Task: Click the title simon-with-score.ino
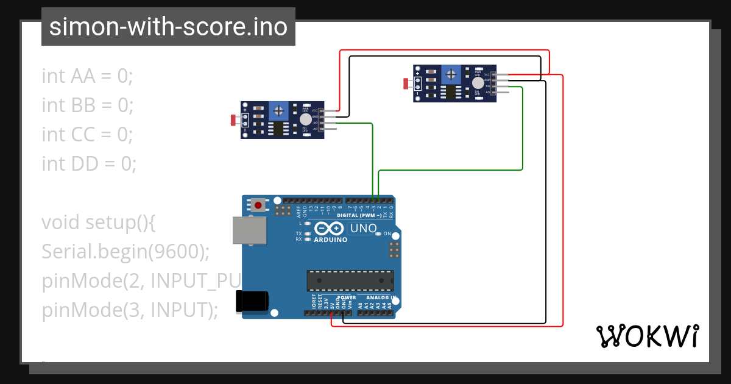tap(168, 27)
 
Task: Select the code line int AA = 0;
tap(87, 76)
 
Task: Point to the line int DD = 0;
tap(89, 163)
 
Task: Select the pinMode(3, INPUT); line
tap(130, 310)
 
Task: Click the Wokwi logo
tap(647, 336)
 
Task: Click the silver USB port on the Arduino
tap(250, 230)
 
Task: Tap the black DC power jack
tap(252, 301)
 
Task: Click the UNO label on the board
tap(362, 229)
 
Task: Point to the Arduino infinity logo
tap(329, 229)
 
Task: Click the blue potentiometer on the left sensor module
tap(279, 111)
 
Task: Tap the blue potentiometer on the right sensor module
tap(451, 75)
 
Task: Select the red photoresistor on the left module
tap(234, 120)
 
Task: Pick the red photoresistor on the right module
tap(406, 84)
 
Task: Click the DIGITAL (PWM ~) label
tap(359, 216)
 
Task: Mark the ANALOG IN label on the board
tap(381, 298)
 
